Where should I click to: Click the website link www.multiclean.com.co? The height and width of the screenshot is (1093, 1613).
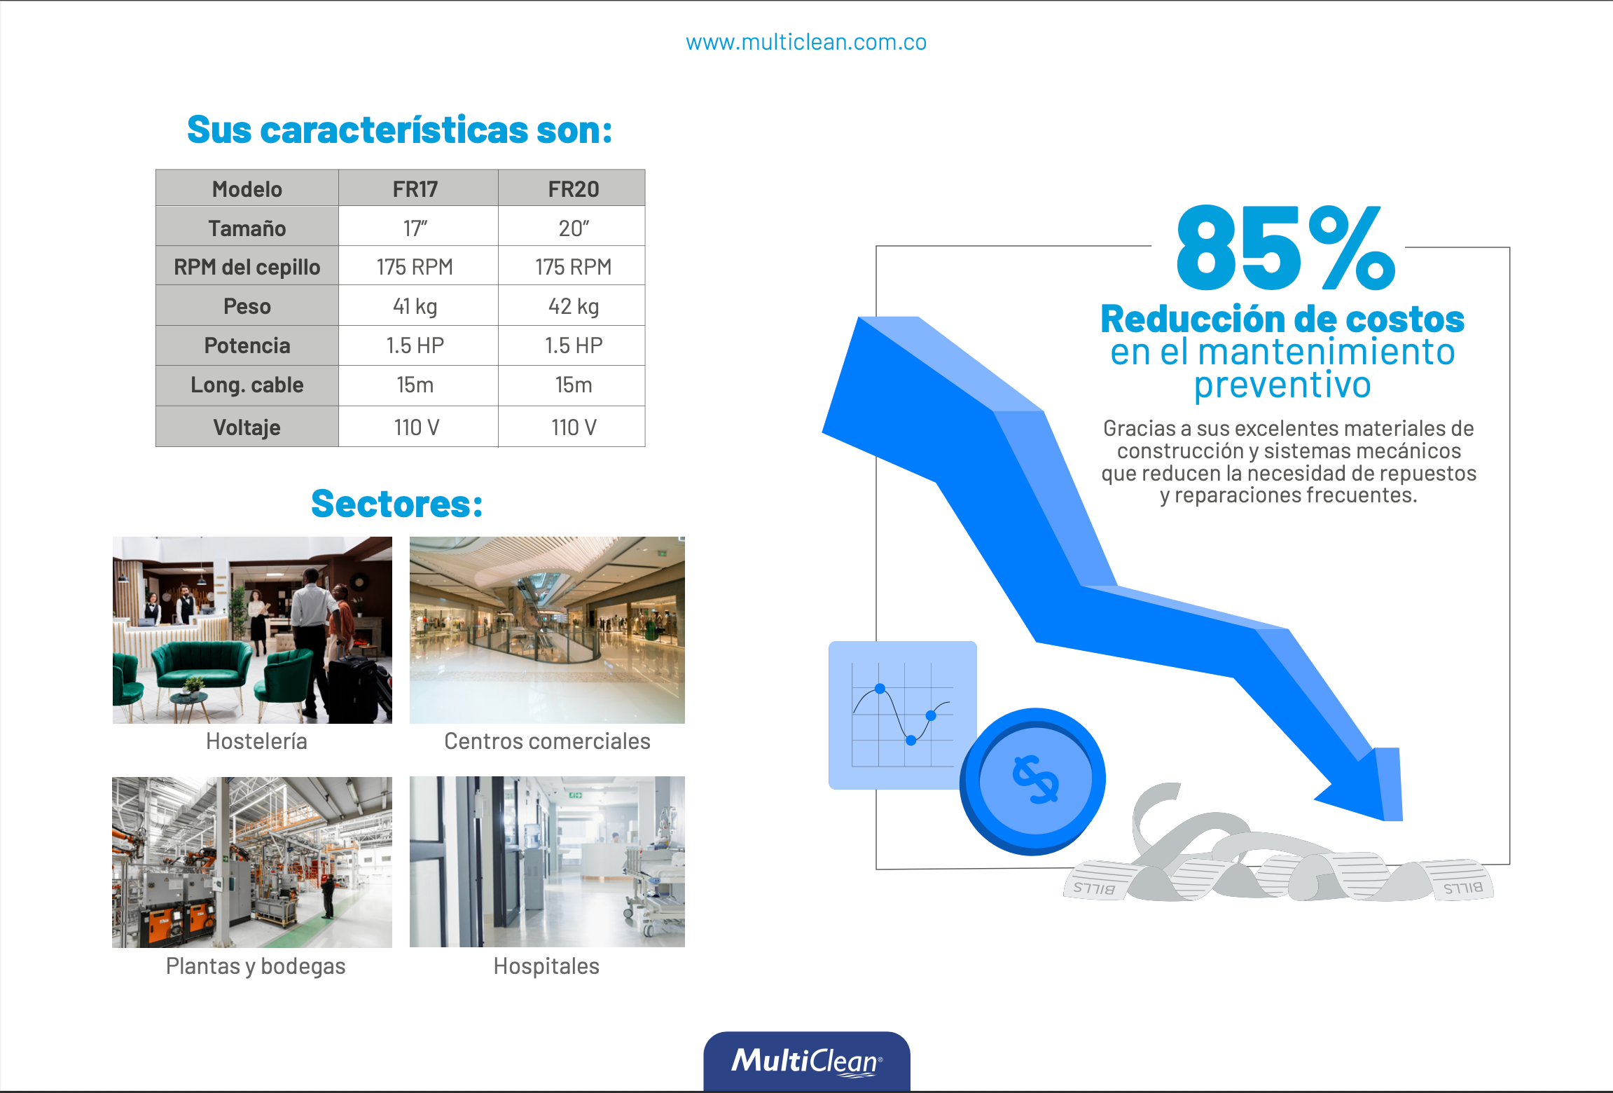click(x=806, y=43)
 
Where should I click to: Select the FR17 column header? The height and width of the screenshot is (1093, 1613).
click(x=415, y=189)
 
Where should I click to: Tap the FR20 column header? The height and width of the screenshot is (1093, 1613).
click(x=574, y=189)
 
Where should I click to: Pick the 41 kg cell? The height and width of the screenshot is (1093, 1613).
click(x=415, y=306)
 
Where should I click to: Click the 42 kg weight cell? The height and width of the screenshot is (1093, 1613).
click(x=574, y=306)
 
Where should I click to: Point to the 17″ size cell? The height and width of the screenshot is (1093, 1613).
click(x=415, y=228)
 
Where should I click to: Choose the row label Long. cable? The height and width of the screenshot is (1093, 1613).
click(x=247, y=385)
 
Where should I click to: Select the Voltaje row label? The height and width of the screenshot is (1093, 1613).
click(x=247, y=427)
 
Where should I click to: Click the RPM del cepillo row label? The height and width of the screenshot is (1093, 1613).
click(x=247, y=267)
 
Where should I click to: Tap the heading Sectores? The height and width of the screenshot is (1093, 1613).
click(x=397, y=504)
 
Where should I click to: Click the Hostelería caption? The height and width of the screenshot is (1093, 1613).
click(x=256, y=741)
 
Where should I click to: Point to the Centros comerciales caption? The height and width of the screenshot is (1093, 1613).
click(x=547, y=741)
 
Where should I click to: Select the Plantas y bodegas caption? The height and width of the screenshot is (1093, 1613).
click(x=256, y=966)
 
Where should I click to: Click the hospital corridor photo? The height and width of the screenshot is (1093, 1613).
click(x=547, y=862)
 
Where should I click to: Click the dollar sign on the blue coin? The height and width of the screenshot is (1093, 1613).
click(x=1035, y=779)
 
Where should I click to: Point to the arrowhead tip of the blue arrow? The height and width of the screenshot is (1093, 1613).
click(x=1385, y=819)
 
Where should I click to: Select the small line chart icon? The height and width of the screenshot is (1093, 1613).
click(x=902, y=715)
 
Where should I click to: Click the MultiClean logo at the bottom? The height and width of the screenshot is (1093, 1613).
click(x=807, y=1061)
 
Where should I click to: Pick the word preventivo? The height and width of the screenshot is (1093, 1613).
click(x=1282, y=385)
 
